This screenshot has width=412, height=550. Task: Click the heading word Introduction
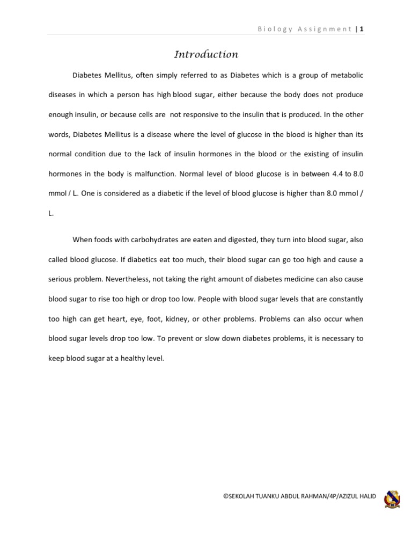tap(206, 54)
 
